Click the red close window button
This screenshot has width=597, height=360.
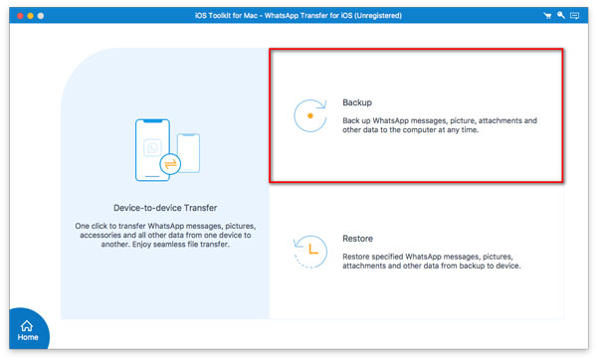20,16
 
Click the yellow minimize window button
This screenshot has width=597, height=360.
31,16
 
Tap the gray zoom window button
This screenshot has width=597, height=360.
41,16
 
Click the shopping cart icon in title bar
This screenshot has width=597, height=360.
547,16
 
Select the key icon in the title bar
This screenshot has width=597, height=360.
561,15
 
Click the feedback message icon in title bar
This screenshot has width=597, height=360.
574,16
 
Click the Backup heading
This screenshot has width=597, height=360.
357,102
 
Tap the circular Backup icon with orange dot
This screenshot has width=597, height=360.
310,115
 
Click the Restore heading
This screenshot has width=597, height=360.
357,239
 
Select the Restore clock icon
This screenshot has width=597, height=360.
310,252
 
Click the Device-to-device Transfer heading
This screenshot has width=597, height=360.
165,208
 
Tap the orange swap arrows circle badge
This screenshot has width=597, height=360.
170,164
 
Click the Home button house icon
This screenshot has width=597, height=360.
27,326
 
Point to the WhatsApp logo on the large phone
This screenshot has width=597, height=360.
152,147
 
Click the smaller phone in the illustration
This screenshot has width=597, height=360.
188,153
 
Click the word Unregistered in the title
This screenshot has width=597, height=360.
378,16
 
